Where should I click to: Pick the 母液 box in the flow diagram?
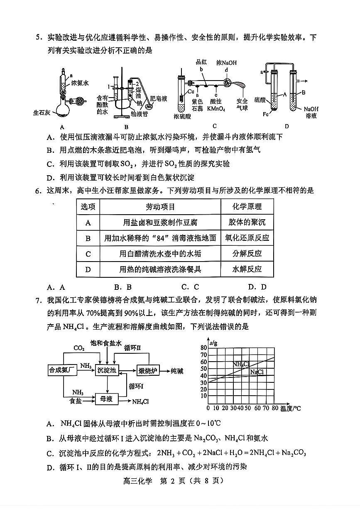coord(107,399)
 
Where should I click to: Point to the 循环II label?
coord(132,347)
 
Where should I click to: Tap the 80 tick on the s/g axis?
coord(203,347)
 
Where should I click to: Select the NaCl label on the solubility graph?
coord(257,372)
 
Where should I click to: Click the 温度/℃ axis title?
coord(290,408)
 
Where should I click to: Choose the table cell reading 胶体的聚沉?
coord(247,222)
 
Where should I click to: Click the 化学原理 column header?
coord(247,206)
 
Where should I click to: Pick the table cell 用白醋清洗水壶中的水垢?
coord(160,254)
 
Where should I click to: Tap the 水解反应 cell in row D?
coord(247,269)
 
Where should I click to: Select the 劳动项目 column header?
coord(160,206)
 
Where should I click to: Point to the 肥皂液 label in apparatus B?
coord(158,99)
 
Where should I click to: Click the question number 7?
coord(38,300)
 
